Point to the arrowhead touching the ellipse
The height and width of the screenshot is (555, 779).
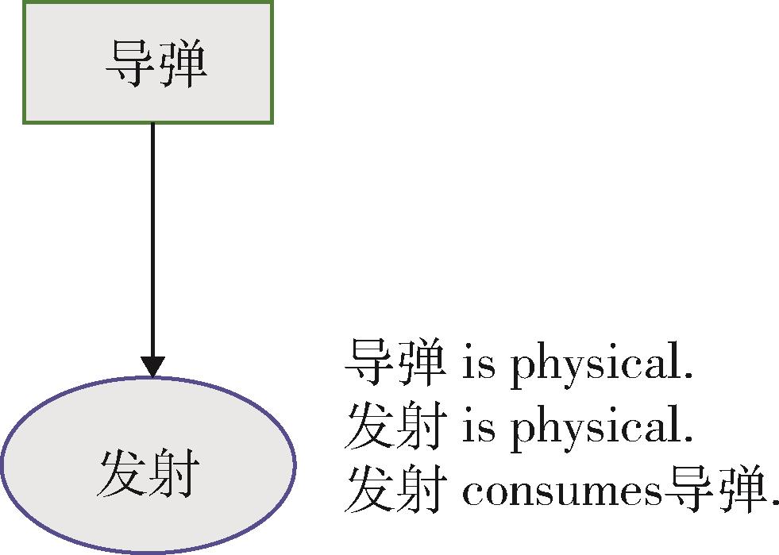coord(152,366)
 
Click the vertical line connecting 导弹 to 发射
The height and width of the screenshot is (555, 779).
coord(152,238)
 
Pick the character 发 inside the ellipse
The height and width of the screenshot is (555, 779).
coord(121,474)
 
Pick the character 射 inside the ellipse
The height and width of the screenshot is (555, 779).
coord(172,474)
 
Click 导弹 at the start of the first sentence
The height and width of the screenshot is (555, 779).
coord(395,363)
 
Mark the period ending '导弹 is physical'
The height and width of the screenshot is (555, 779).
coord(688,378)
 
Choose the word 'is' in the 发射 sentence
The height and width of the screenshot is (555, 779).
coord(476,428)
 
